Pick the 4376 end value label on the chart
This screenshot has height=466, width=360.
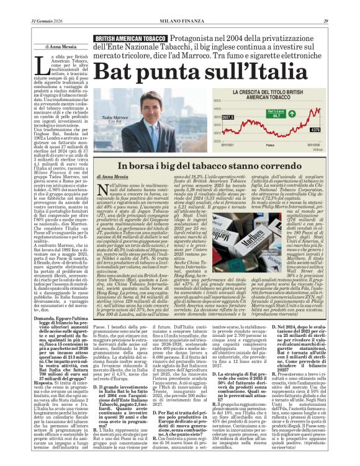click(316, 130)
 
